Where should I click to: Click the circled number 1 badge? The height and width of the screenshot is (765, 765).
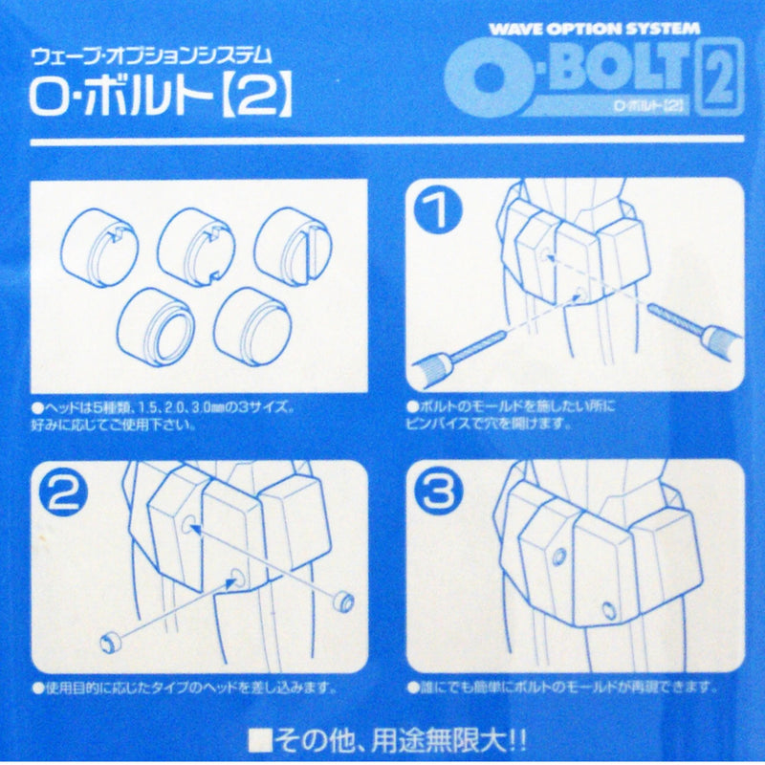click(x=438, y=211)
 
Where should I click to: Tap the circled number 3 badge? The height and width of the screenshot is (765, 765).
click(x=438, y=492)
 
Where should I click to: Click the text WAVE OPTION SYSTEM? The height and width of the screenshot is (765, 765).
click(x=593, y=29)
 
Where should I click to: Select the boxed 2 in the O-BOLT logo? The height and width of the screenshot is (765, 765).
click(x=723, y=76)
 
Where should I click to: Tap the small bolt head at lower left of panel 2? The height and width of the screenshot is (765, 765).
click(x=112, y=638)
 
